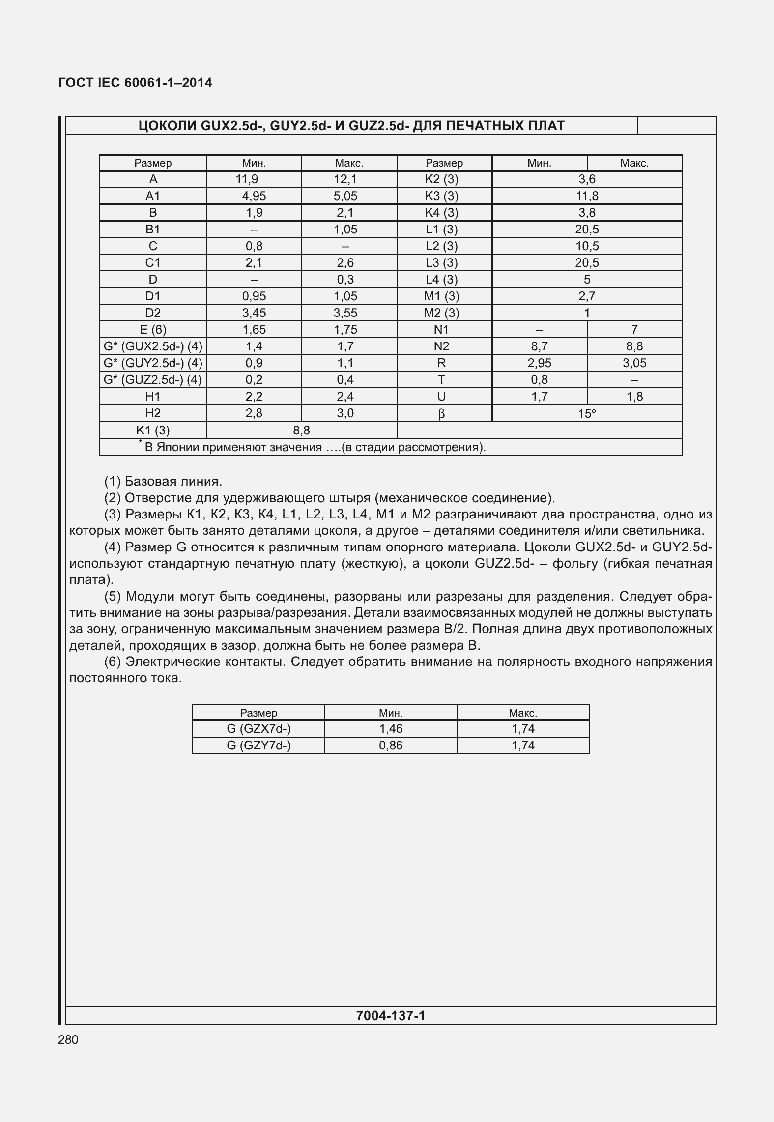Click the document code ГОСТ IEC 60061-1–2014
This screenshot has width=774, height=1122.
pyautogui.click(x=135, y=83)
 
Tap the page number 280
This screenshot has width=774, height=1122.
pyautogui.click(x=68, y=1039)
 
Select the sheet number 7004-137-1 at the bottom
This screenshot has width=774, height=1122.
pyautogui.click(x=390, y=1015)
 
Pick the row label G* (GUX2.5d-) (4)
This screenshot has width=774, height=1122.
pyautogui.click(x=153, y=346)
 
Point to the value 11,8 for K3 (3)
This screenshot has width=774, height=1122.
pyautogui.click(x=587, y=196)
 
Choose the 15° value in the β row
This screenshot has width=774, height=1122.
pyautogui.click(x=587, y=414)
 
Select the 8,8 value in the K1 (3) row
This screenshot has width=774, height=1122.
pyautogui.click(x=301, y=431)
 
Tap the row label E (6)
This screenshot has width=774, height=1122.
pyautogui.click(x=153, y=330)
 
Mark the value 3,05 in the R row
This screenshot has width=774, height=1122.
pyautogui.click(x=634, y=363)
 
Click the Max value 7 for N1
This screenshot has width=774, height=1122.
pyautogui.click(x=634, y=330)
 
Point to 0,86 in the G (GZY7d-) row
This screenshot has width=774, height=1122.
pyautogui.click(x=391, y=746)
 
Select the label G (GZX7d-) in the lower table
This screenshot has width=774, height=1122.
pyautogui.click(x=258, y=729)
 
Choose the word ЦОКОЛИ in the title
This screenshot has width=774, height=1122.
pyautogui.click(x=168, y=126)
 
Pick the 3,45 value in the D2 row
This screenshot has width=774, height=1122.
pyautogui.click(x=254, y=313)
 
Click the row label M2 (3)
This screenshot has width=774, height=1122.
pyautogui.click(x=441, y=313)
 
